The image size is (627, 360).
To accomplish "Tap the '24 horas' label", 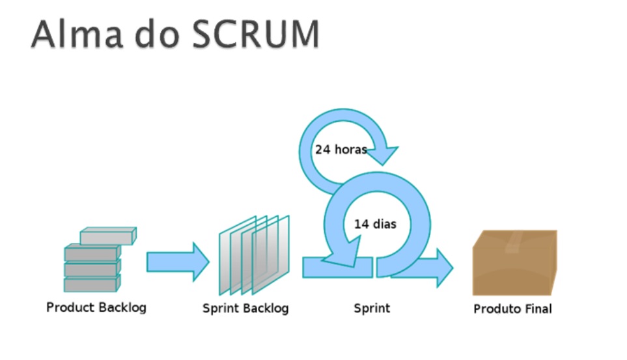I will (x=341, y=149).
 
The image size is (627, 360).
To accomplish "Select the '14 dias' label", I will (x=375, y=224).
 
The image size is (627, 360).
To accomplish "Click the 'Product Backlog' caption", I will (x=96, y=307).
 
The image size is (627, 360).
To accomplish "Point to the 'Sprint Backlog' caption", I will (x=245, y=308).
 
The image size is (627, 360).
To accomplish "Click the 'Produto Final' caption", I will (x=512, y=309).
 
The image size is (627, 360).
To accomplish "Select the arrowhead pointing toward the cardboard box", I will (x=442, y=267).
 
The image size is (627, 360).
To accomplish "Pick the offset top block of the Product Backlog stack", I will (x=108, y=236).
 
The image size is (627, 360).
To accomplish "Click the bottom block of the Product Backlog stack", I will (x=92, y=284).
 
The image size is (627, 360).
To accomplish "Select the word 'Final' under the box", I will (x=536, y=309).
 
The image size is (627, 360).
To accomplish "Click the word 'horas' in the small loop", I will (x=352, y=149).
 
